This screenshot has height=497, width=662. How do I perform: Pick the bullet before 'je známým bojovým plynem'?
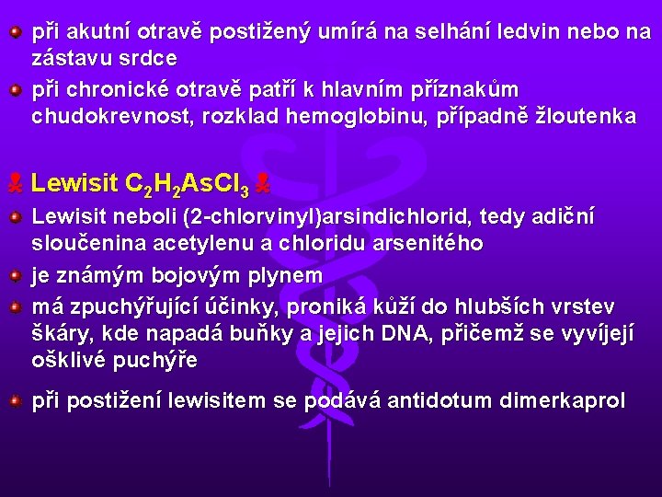coord(16,274)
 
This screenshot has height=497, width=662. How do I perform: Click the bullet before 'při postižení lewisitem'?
coord(16,401)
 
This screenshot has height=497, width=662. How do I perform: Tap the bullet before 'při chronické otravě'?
coord(16,90)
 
